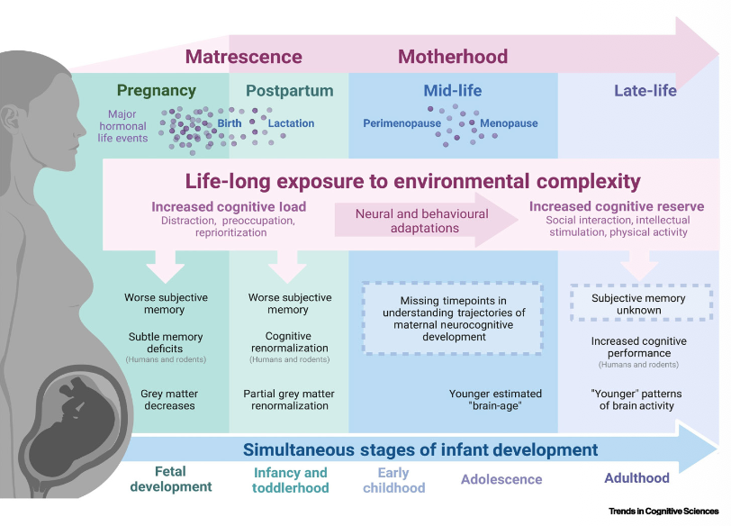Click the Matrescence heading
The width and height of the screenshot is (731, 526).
coord(243,57)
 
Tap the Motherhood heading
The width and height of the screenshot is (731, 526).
coord(453,57)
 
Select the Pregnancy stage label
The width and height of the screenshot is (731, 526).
coord(156,90)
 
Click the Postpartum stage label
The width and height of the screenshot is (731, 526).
coord(289,91)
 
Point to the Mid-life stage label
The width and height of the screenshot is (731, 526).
coord(453,91)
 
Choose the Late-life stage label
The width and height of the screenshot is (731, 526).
coord(645,91)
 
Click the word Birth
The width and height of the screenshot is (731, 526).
coord(230,123)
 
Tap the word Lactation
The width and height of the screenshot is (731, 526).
coord(291,123)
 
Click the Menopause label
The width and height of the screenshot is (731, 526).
coord(509,123)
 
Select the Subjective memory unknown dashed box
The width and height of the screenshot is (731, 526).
coord(638,304)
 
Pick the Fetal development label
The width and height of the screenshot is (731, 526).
coord(171,480)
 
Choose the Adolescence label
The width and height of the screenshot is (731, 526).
coord(501,479)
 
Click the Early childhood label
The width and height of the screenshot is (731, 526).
coord(393,480)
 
